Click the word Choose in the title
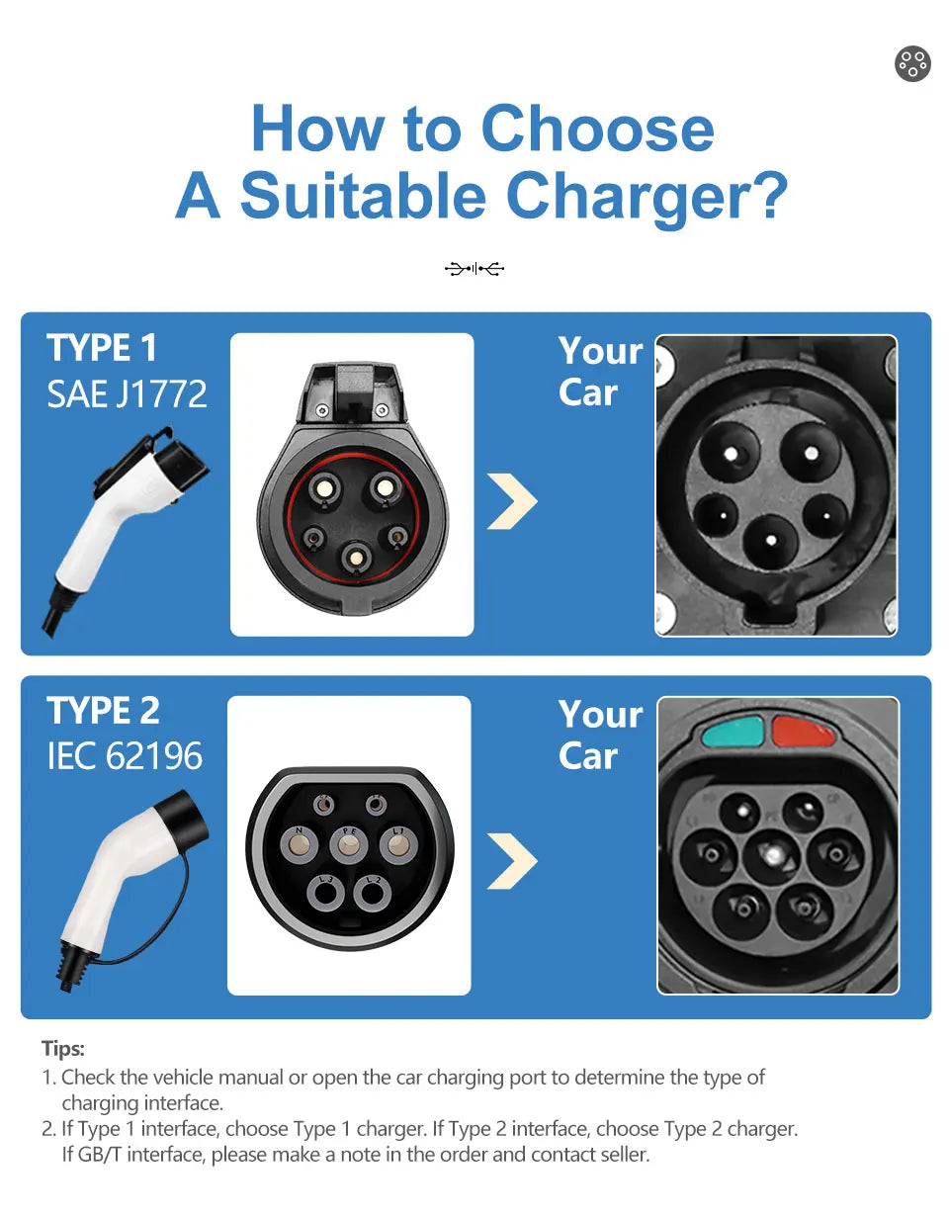tap(597, 129)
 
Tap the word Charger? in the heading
tap(647, 197)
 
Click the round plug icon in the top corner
tap(911, 63)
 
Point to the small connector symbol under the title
tap(474, 269)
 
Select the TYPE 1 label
tap(101, 348)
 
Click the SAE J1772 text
tap(127, 393)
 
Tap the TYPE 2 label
tap(103, 711)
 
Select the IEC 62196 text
tap(125, 756)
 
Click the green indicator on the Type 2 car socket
tap(733, 732)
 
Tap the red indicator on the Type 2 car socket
tap(803, 731)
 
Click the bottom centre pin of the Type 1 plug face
tap(355, 557)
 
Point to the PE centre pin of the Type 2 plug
tap(349, 845)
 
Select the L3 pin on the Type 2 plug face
tap(325, 893)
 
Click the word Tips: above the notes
tap(62, 1049)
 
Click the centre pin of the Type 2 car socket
tap(773, 855)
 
